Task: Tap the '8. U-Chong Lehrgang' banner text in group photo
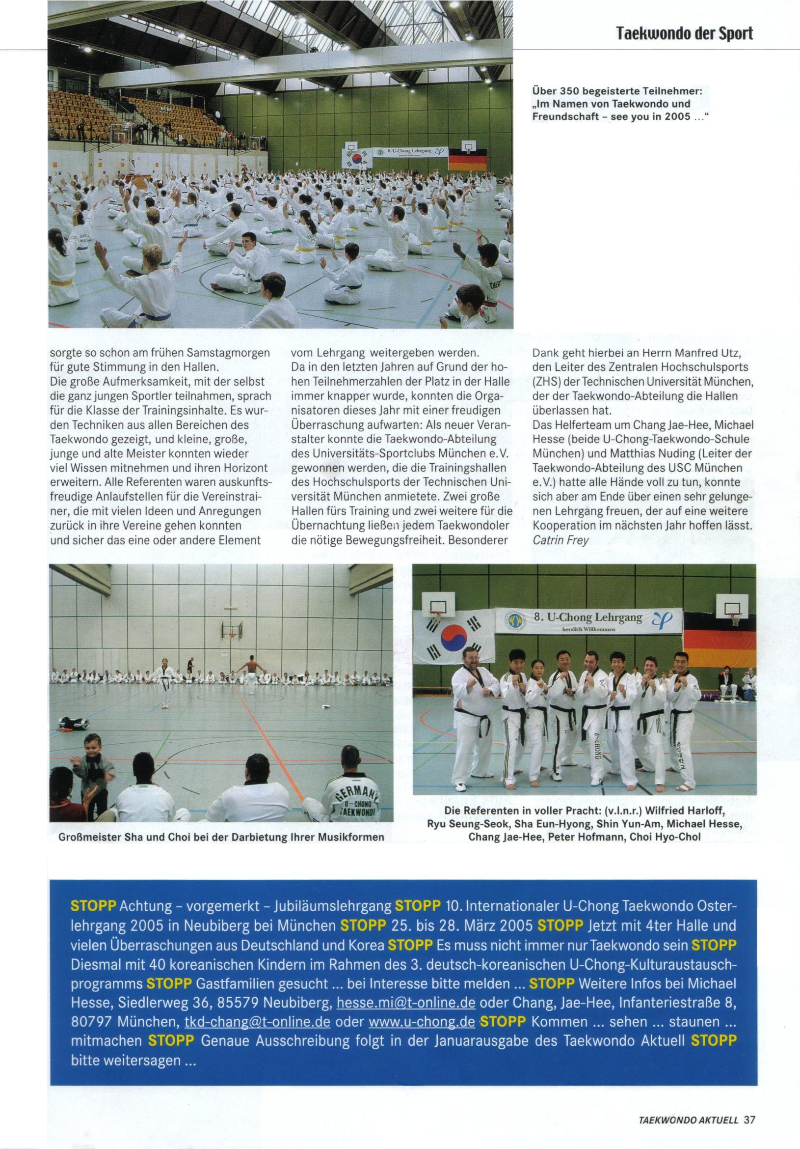pos(588,617)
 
